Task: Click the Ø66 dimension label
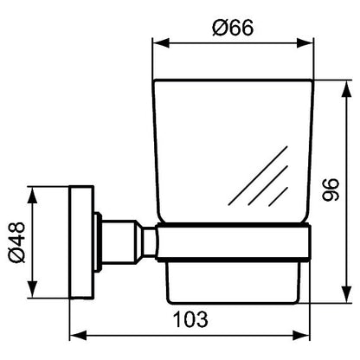(x=233, y=28)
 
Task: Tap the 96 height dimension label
(x=331, y=190)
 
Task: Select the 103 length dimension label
(x=190, y=319)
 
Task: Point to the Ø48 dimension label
(x=16, y=242)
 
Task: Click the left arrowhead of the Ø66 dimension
(x=160, y=43)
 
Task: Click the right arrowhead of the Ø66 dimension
(x=305, y=43)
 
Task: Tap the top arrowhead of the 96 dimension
(x=346, y=88)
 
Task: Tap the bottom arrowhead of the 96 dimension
(x=346, y=294)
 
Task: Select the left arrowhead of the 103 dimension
(x=78, y=336)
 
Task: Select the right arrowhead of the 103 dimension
(x=301, y=336)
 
